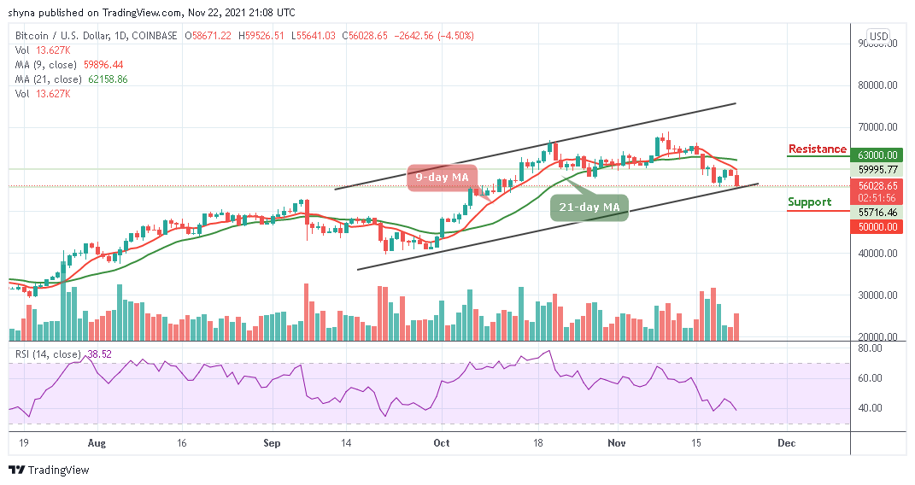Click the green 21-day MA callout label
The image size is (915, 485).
tap(588, 207)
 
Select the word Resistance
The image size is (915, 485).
tap(817, 149)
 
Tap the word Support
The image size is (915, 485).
tap(809, 202)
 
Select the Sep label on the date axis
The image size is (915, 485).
tap(272, 443)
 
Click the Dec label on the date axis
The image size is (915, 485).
tap(786, 443)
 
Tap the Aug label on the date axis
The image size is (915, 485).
tap(97, 443)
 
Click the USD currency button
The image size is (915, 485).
tap(878, 37)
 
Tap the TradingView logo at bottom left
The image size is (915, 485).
tap(49, 470)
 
